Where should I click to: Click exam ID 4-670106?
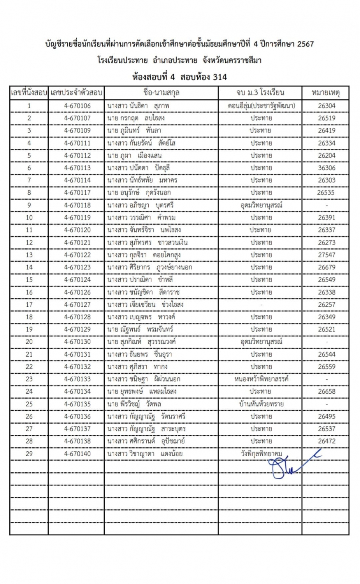[77, 106]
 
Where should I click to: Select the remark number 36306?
[326, 168]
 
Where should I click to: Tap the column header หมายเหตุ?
[325, 93]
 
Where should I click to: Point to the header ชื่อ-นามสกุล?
[161, 93]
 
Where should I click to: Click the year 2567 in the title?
[305, 44]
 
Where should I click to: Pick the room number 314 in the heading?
[220, 77]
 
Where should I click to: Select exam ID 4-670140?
[77, 454]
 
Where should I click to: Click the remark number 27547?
[326, 255]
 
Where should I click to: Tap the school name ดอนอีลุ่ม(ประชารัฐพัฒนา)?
[261, 106]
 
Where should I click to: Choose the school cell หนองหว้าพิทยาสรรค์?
[261, 379]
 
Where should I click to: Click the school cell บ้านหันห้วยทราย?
[261, 404]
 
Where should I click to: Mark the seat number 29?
[29, 454]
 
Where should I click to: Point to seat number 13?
[29, 255]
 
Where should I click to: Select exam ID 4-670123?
[77, 267]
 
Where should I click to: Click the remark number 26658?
[326, 391]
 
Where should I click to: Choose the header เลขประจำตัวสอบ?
[76, 93]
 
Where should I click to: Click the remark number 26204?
[326, 155]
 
